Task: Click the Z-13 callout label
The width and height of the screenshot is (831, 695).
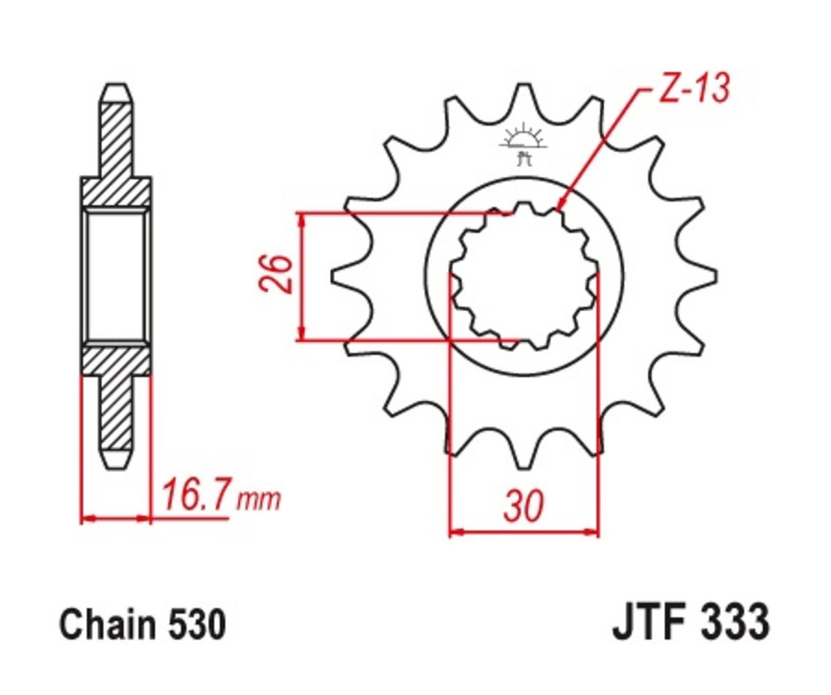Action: pos(694,90)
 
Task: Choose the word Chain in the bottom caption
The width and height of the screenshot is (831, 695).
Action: pos(101,626)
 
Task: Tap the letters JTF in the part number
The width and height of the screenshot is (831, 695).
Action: pos(647,624)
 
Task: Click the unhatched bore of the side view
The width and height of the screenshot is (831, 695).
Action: pos(115,275)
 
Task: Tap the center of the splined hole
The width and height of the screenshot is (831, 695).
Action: pos(524,275)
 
